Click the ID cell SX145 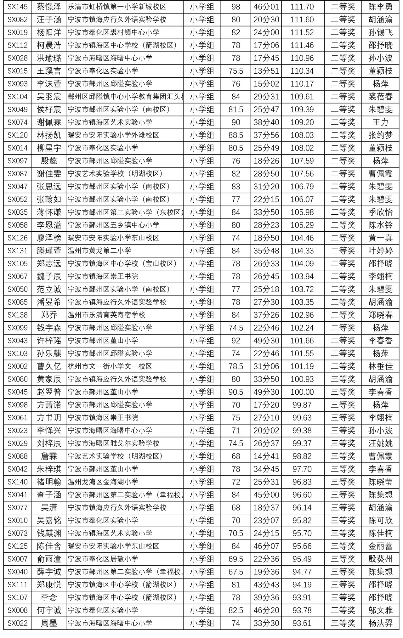click(x=18, y=7)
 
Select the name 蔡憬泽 click(x=49, y=7)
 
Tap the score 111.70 click(x=302, y=7)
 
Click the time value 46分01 click(x=266, y=7)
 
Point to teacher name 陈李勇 click(x=380, y=7)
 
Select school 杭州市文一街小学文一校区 click(x=110, y=366)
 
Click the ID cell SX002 click(x=18, y=366)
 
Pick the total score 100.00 click(x=302, y=392)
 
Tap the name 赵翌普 click(x=49, y=392)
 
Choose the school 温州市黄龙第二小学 click(x=99, y=251)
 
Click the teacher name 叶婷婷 click(x=380, y=251)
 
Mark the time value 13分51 click(x=266, y=71)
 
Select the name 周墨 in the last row click(x=49, y=623)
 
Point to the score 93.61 click(x=302, y=623)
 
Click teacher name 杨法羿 click(x=380, y=623)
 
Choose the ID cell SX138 click(x=18, y=315)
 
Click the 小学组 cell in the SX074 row click(x=202, y=122)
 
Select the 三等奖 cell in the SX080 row click(x=343, y=379)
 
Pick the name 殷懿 click(x=49, y=161)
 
